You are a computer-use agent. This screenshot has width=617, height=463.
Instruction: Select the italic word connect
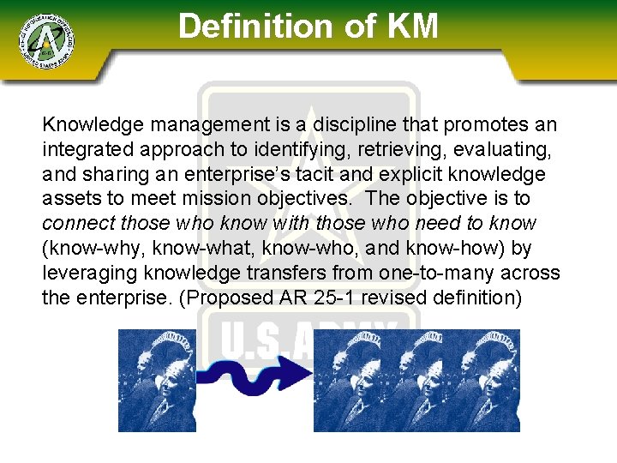pyautogui.click(x=77, y=224)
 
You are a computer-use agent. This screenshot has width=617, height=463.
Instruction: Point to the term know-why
pyautogui.click(x=91, y=249)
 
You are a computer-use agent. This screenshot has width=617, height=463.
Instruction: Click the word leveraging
pyautogui.click(x=87, y=274)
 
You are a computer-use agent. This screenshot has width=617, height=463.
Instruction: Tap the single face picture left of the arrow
pyautogui.click(x=157, y=380)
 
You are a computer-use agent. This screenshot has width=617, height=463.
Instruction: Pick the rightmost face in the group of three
pyautogui.click(x=485, y=380)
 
